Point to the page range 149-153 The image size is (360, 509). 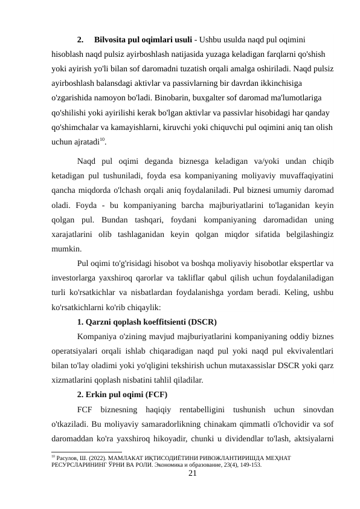(247, 465)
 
